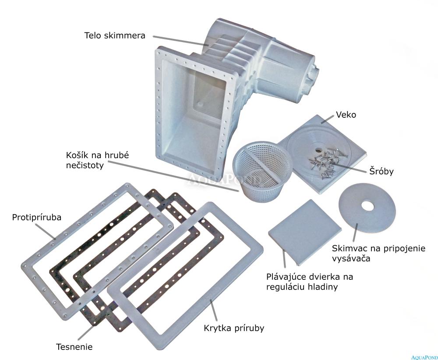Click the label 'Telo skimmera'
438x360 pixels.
point(115,35)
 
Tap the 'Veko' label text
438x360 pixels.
point(346,114)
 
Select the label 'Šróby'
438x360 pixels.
point(381,171)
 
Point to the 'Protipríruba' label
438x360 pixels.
point(37,217)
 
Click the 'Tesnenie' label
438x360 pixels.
point(74,347)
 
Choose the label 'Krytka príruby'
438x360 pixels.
point(234,328)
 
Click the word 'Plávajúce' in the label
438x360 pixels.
point(286,277)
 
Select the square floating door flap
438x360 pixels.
point(305,232)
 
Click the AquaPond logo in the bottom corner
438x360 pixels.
point(424,357)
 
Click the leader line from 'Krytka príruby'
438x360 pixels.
point(214,310)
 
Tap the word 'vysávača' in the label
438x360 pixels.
point(351,258)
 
